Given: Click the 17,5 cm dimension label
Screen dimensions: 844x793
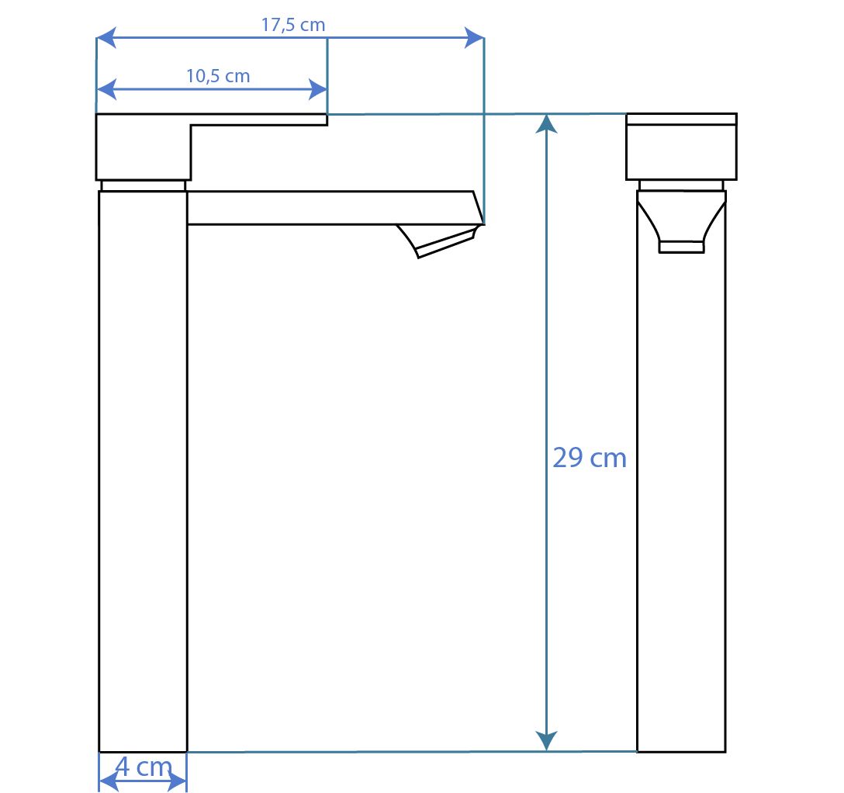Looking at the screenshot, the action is [293, 25].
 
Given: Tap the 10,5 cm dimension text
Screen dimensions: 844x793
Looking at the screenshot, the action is [218, 76].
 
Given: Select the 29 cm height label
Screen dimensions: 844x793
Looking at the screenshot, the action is [590, 458].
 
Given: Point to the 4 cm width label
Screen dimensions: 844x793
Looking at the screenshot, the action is [144, 767].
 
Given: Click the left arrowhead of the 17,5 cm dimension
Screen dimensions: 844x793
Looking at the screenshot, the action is [105, 38].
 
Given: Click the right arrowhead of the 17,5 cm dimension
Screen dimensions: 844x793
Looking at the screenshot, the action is [474, 38].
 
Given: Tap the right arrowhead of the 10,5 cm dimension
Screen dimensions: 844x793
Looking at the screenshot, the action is [317, 89].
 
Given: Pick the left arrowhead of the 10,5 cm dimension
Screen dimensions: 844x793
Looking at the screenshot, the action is [106, 89].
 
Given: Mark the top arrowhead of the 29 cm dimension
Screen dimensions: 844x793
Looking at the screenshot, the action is [547, 123].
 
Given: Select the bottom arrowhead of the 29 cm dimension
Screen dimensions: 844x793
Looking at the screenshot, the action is [547, 741].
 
